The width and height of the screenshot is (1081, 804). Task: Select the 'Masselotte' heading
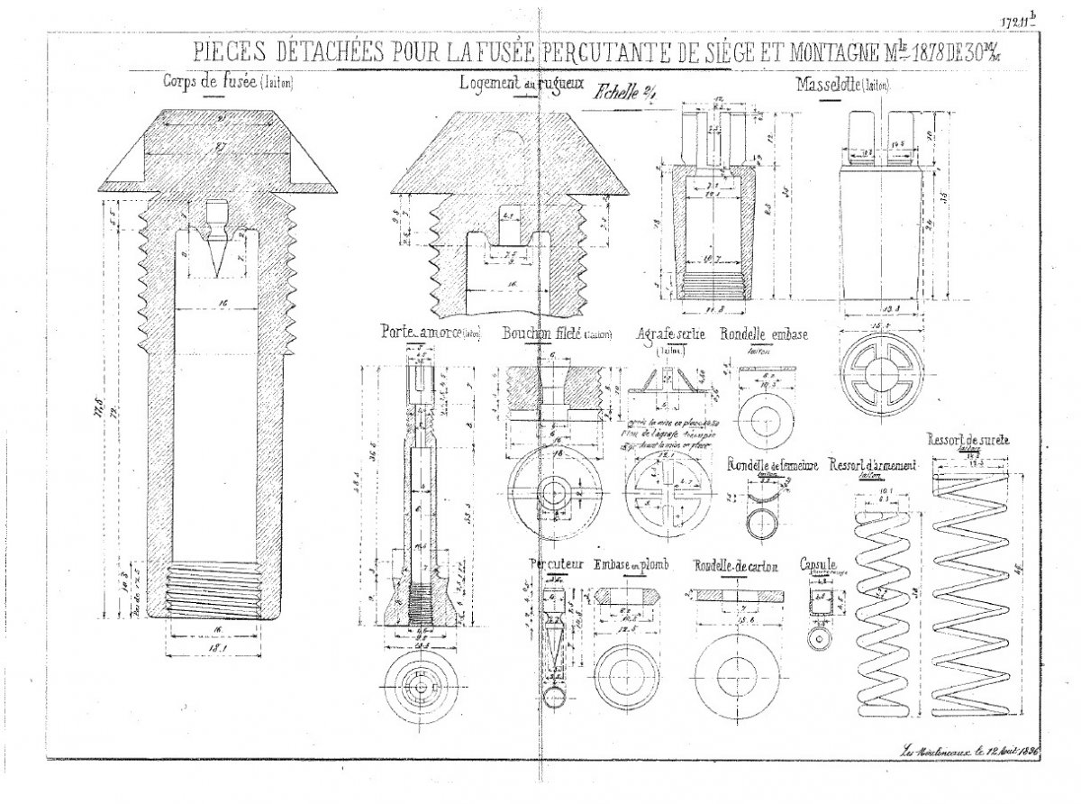pos(826,86)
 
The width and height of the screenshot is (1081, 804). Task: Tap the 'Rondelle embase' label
pos(763,333)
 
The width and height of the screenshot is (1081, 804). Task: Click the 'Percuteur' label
pos(556,565)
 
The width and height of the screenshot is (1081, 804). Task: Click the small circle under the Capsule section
pos(820,637)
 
